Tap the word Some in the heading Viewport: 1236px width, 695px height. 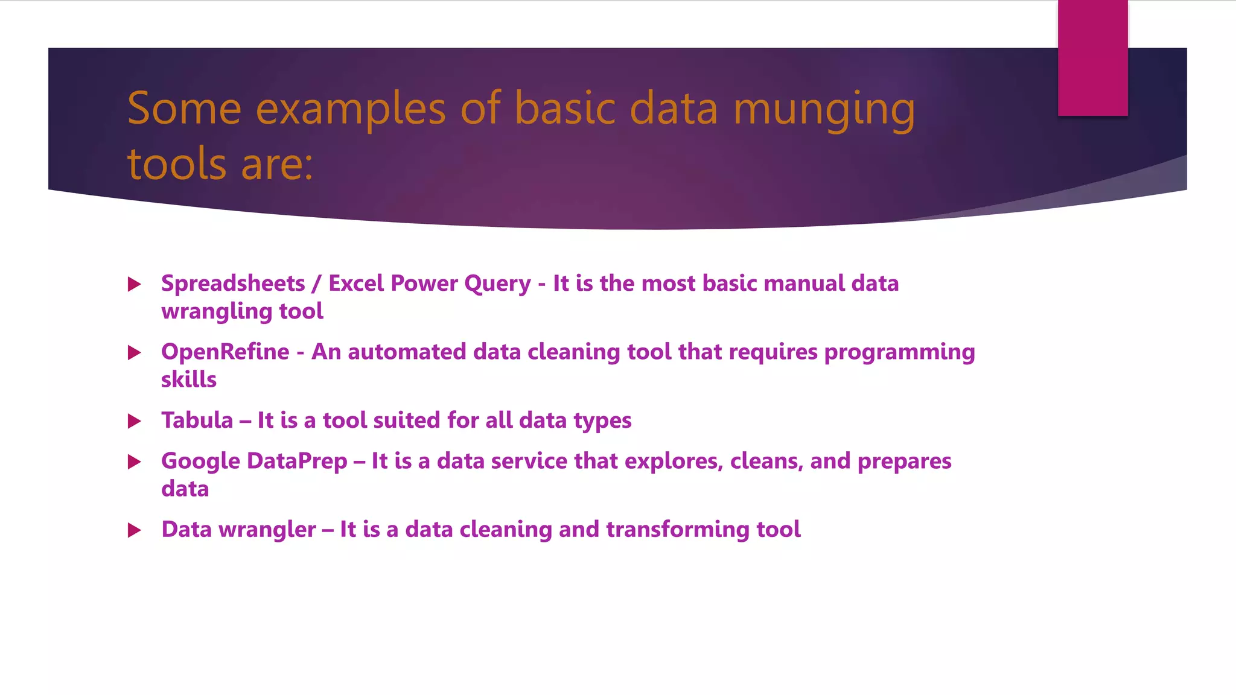(184, 109)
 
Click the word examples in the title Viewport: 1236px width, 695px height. (351, 110)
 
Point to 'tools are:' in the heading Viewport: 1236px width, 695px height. (220, 164)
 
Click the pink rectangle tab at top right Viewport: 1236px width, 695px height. (1092, 57)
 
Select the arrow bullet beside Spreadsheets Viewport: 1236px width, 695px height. (135, 284)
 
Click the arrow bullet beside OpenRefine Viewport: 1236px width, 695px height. (135, 353)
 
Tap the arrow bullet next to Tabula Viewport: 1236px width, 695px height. (135, 421)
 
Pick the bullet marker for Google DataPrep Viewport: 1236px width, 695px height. (135, 462)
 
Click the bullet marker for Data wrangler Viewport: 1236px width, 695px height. (135, 530)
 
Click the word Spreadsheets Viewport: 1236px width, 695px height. (233, 284)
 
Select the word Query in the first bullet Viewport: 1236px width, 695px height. (497, 284)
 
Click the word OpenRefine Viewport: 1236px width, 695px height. (225, 352)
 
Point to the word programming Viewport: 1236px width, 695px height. (899, 352)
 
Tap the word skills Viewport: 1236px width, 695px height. (188, 379)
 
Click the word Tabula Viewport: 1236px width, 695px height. (197, 420)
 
